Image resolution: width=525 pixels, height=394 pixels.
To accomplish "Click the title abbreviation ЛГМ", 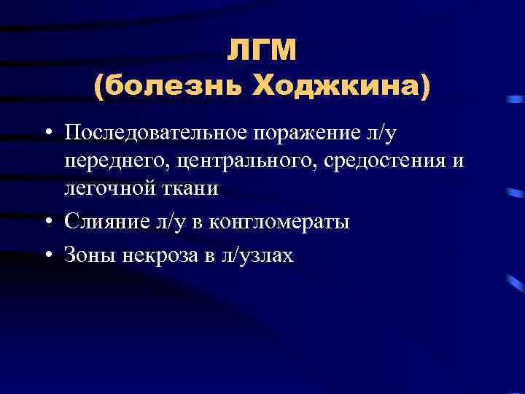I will pos(262,51).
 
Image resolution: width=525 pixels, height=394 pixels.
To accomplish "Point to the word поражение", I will pos(311,133).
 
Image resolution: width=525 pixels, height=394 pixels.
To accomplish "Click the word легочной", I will pos(100,188).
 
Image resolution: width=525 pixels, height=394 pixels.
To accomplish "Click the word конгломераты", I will pos(279,221).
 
